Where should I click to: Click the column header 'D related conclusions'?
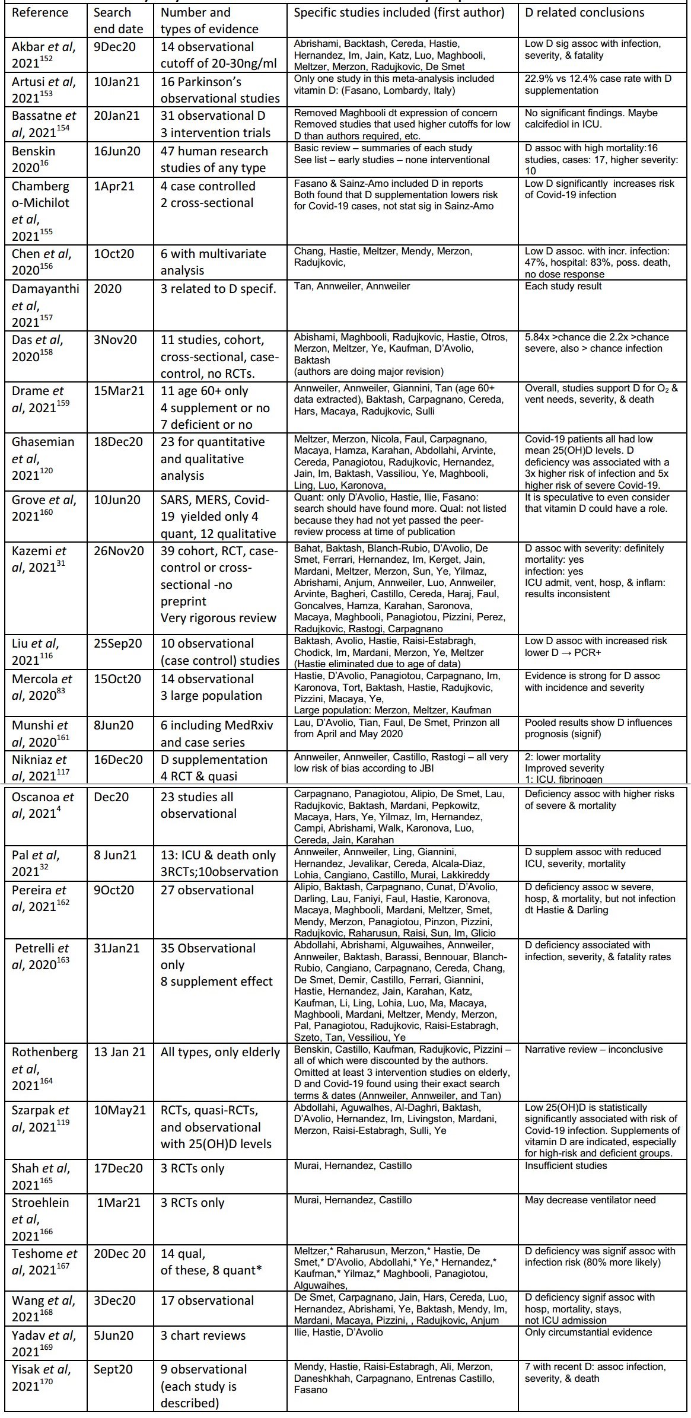point(584,12)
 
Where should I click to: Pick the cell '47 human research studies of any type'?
point(214,160)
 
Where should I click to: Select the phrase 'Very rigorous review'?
point(218,618)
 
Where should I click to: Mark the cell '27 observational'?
point(207,890)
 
